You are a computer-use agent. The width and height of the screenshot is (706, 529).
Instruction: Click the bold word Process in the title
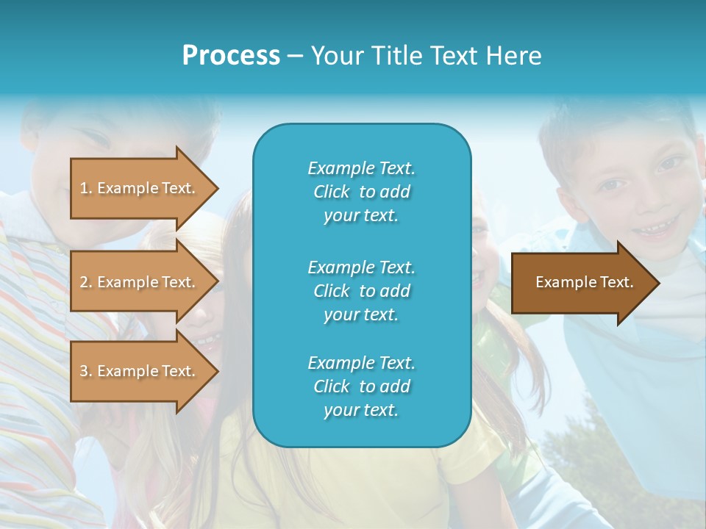click(x=231, y=56)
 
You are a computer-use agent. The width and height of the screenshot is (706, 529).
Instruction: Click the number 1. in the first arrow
click(x=86, y=188)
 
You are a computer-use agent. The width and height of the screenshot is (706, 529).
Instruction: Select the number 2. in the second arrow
click(x=86, y=282)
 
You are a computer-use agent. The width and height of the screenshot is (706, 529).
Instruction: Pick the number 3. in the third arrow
click(x=86, y=371)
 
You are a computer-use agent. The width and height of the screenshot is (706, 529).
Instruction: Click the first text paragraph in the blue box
click(x=361, y=192)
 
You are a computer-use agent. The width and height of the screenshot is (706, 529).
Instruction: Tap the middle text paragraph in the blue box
click(x=361, y=291)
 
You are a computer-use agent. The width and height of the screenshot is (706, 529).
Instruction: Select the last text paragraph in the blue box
click(x=361, y=386)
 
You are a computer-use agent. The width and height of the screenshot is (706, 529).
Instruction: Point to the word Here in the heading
click(x=515, y=56)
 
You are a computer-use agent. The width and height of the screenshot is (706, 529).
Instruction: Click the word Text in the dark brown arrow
click(x=617, y=282)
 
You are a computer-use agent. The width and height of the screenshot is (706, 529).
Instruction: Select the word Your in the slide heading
click(x=338, y=56)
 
